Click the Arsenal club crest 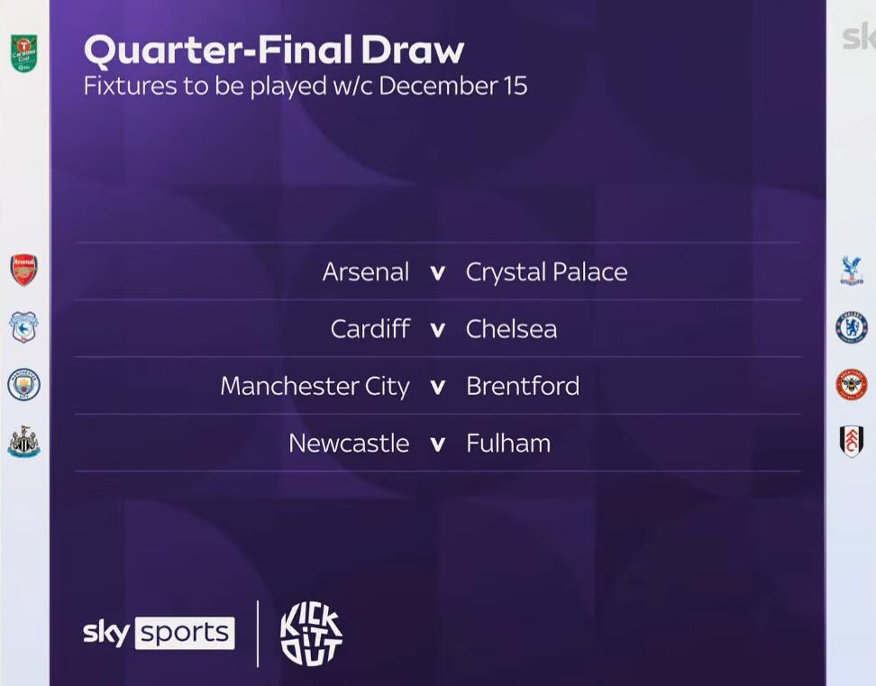(24, 270)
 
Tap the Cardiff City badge (23, 327)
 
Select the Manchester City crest (23, 384)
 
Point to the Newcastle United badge (24, 442)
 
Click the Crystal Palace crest (852, 271)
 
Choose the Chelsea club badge (852, 327)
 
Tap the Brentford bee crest (852, 384)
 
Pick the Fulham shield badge (852, 442)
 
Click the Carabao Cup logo (24, 53)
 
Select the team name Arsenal (366, 272)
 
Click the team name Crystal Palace (546, 273)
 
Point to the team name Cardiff (370, 328)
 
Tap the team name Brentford (523, 386)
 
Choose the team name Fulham (508, 443)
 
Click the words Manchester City (315, 387)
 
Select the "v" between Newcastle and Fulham (438, 444)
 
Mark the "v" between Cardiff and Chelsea (438, 330)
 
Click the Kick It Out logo (311, 635)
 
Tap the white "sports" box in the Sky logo (185, 633)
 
